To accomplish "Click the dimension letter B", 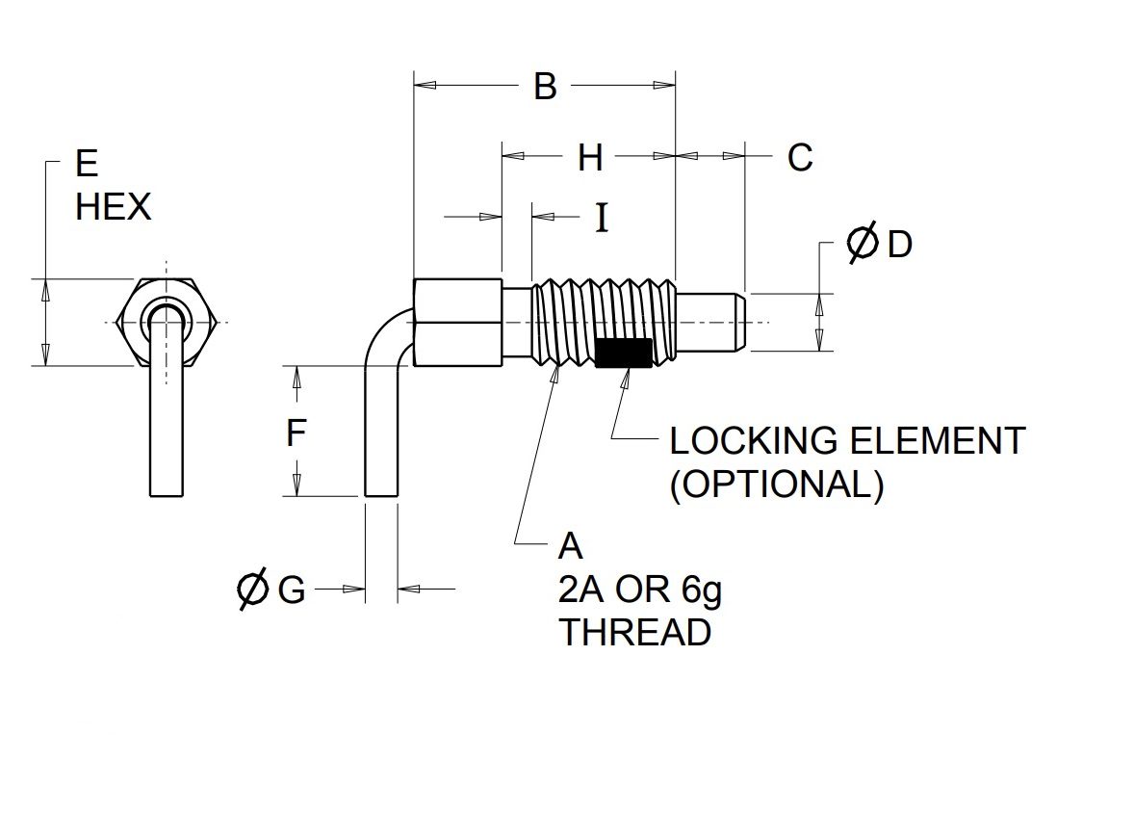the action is (x=545, y=86).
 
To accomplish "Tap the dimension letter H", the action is (x=590, y=157).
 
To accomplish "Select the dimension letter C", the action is (x=800, y=157).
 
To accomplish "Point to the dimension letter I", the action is (x=602, y=217).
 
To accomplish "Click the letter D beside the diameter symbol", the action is (x=900, y=245).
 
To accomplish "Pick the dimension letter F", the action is (x=296, y=433).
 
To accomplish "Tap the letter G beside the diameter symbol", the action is (x=292, y=590).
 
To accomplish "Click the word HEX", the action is (x=114, y=207).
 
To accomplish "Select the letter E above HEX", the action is (x=86, y=164).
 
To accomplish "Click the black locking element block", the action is (x=624, y=353).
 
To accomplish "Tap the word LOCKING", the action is (x=744, y=441).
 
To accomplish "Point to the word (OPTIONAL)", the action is (x=777, y=485).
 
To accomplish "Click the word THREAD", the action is (x=635, y=633).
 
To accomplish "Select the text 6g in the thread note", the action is (x=702, y=590).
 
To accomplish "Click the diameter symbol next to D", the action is (x=863, y=243).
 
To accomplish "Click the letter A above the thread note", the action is (x=571, y=546).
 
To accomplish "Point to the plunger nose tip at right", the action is (x=743, y=322).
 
